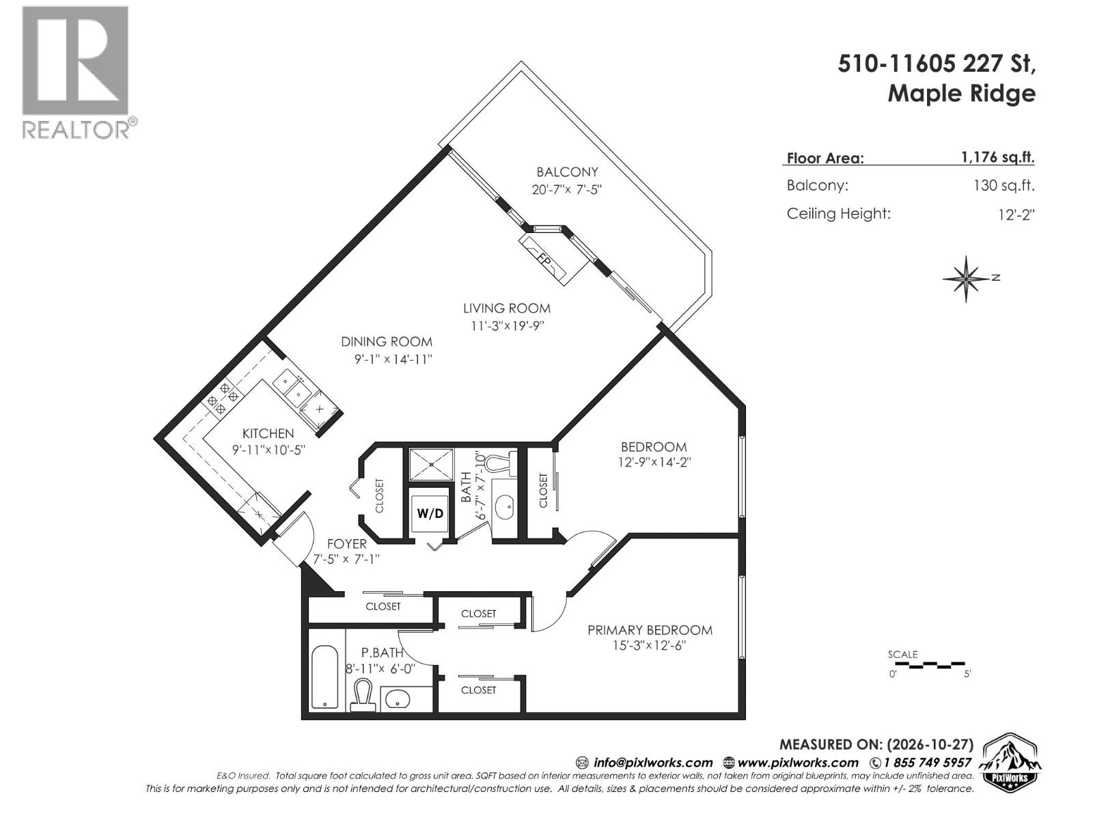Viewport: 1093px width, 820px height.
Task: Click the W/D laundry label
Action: pyautogui.click(x=430, y=513)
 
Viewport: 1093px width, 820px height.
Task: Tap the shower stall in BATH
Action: pyautogui.click(x=431, y=465)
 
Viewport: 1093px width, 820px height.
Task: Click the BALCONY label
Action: pyautogui.click(x=567, y=172)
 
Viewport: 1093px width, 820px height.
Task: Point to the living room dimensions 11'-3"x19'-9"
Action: pyautogui.click(x=508, y=326)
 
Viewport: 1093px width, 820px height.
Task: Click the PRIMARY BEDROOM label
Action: pyautogui.click(x=650, y=630)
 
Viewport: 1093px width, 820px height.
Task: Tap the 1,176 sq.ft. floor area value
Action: pyautogui.click(x=998, y=157)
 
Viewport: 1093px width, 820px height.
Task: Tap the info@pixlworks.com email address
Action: pyautogui.click(x=653, y=763)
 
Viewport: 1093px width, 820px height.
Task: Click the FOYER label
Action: pyautogui.click(x=346, y=544)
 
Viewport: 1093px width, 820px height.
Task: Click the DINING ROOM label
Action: pyautogui.click(x=387, y=342)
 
